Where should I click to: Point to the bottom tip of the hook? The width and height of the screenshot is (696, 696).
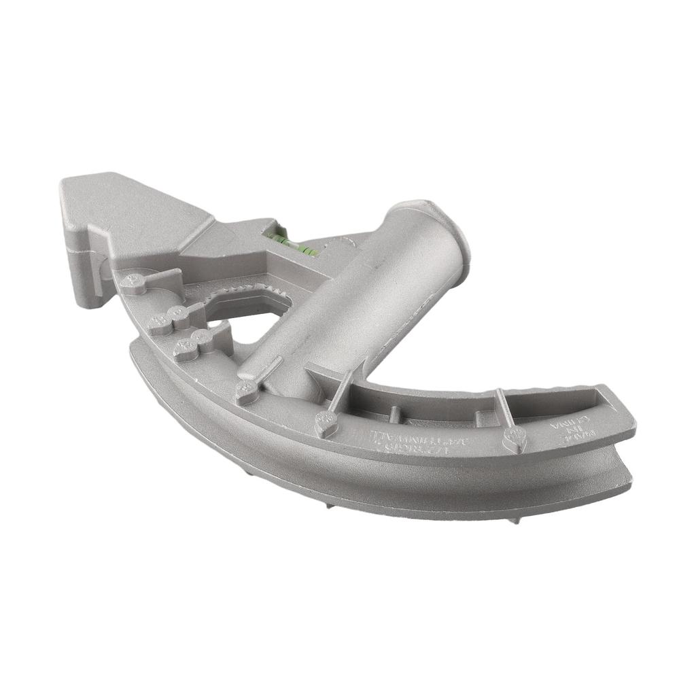86,299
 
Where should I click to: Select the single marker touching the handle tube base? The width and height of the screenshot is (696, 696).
246,391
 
